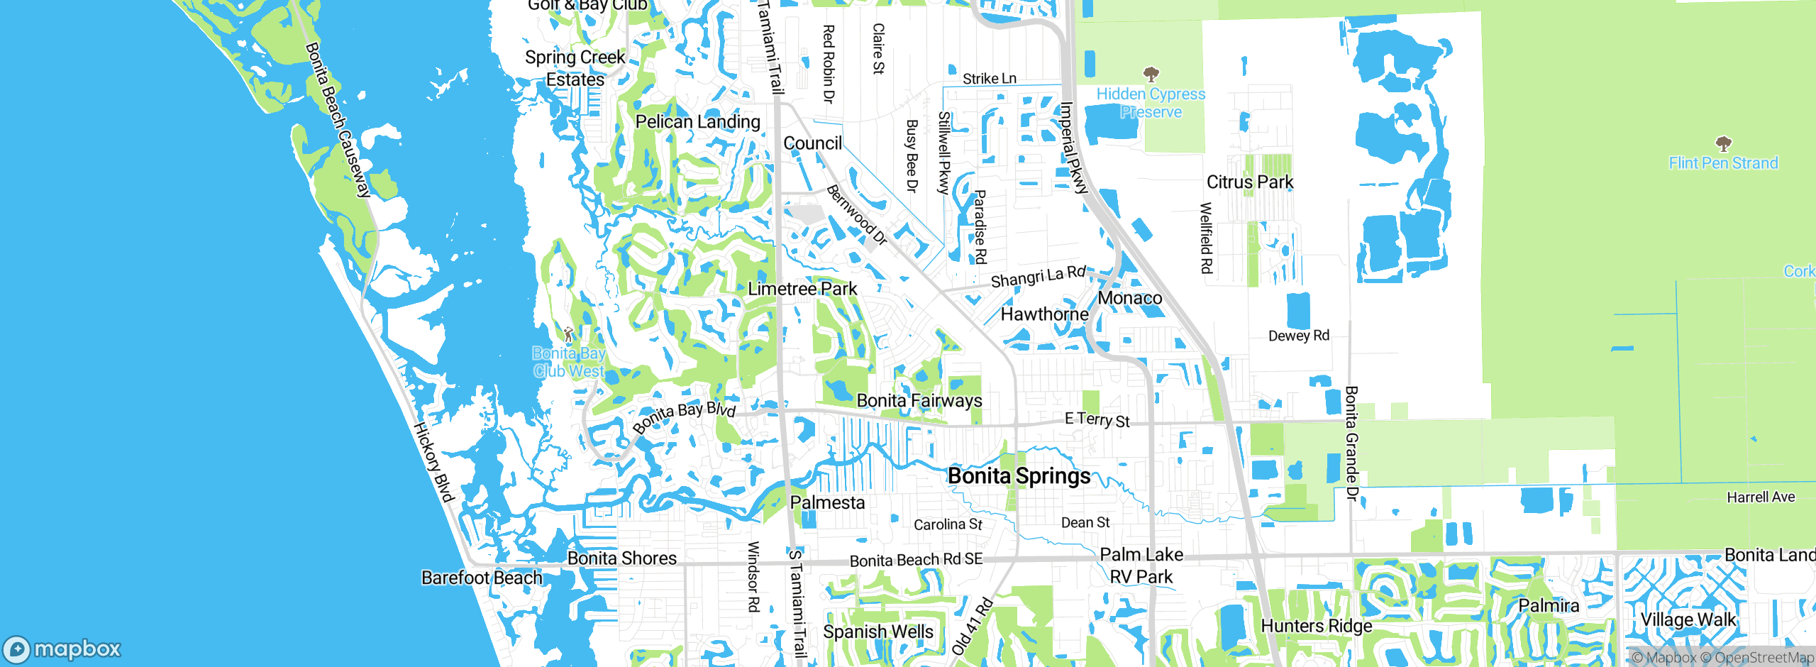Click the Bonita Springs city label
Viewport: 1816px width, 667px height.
click(x=1019, y=475)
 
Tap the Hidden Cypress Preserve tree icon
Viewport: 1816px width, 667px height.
click(x=1151, y=74)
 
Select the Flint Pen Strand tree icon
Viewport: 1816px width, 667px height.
click(x=1723, y=143)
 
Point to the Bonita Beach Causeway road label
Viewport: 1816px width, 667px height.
click(x=338, y=119)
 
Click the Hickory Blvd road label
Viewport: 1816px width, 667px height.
click(x=433, y=462)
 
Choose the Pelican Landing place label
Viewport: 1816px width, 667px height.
click(x=697, y=122)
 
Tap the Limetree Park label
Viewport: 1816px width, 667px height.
click(x=802, y=289)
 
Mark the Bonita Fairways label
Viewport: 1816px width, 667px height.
click(x=919, y=401)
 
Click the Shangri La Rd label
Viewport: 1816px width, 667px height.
click(x=1038, y=277)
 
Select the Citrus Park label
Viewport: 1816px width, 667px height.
click(x=1250, y=182)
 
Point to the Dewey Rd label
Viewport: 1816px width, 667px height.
click(x=1299, y=336)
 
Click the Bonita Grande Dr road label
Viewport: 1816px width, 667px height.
click(x=1352, y=443)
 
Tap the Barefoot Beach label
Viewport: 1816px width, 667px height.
click(x=482, y=578)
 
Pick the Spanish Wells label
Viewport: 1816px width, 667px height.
click(x=878, y=632)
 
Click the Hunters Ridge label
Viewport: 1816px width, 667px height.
click(x=1317, y=626)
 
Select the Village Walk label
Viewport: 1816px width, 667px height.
click(x=1688, y=619)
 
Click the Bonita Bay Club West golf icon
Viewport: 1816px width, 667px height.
click(x=568, y=333)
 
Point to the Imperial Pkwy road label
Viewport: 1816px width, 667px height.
click(x=1073, y=148)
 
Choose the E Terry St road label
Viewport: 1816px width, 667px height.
click(x=1097, y=420)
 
